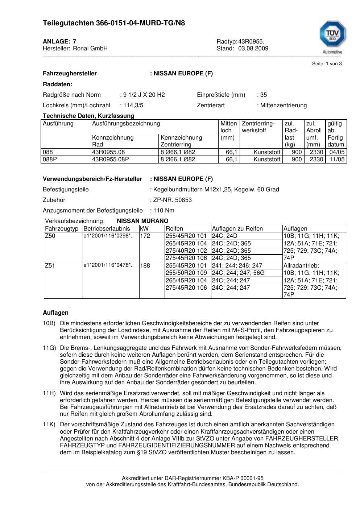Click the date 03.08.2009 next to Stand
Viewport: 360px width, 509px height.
coord(253,49)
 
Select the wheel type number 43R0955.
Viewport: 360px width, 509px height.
coord(251,41)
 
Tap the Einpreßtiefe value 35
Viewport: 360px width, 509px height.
coord(263,95)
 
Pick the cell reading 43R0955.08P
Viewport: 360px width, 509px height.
coord(110,160)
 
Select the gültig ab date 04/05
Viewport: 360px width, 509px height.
coord(337,152)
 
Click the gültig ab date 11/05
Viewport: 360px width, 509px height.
coord(337,160)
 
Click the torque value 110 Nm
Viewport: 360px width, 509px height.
coord(164,211)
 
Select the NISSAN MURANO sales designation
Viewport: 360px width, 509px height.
coord(142,221)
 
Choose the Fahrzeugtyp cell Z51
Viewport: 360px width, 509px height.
coord(50,266)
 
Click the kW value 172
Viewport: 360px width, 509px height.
coord(145,236)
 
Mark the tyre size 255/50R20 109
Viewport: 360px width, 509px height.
coord(186,273)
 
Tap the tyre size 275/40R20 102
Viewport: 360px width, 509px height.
coord(186,251)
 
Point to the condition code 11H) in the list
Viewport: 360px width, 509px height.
coord(49,393)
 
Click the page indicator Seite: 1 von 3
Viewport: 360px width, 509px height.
coord(327,64)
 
